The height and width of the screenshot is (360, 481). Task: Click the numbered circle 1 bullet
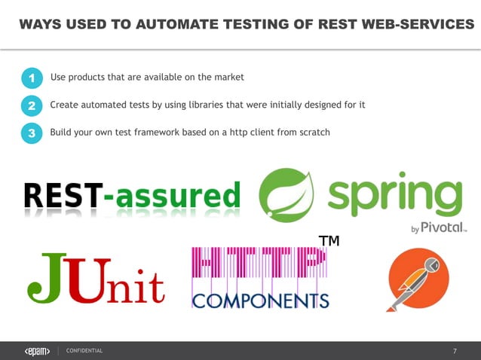point(32,78)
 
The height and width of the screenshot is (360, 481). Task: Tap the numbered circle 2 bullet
point(32,106)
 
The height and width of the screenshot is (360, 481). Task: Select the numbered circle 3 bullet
point(32,134)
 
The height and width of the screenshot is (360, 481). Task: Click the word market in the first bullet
point(229,77)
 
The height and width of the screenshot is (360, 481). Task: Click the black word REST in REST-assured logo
point(63,196)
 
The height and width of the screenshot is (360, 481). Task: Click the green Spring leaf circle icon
point(286,194)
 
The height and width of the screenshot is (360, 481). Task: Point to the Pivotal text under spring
point(446,227)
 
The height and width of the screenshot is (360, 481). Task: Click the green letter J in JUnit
point(44,277)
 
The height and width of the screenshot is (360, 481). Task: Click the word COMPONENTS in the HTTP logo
point(261,301)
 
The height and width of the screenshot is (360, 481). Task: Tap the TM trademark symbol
point(328,241)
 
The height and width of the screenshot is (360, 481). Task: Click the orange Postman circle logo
point(417,279)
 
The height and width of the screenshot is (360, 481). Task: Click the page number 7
point(455,351)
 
